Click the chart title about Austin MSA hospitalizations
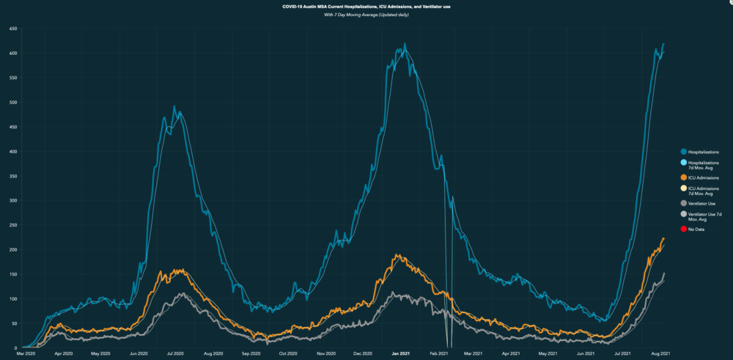click(x=366, y=7)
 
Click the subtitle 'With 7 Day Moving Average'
click(x=366, y=15)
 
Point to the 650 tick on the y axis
click(x=13, y=29)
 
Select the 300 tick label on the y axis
click(x=13, y=200)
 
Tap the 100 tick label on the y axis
click(x=13, y=298)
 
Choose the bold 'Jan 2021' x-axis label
click(x=400, y=353)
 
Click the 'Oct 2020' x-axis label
click(x=287, y=353)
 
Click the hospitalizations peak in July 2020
click(x=174, y=106)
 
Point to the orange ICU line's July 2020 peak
click(x=178, y=270)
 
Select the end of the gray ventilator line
click(x=664, y=273)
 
